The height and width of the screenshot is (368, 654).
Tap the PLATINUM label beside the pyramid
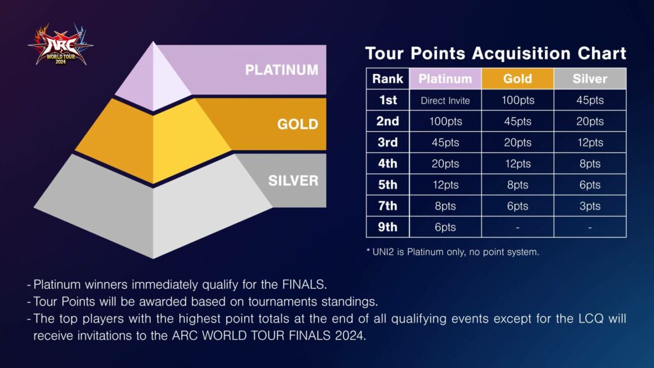[x=282, y=70]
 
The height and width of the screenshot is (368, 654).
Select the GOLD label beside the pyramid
[x=298, y=124]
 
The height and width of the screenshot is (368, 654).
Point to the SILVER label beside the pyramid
[x=293, y=180]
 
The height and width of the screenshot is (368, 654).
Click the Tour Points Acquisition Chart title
[x=495, y=53]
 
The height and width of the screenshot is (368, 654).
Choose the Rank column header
[x=388, y=79]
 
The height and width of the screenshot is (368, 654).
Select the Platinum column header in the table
[x=445, y=79]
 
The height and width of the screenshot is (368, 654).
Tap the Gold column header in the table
[x=517, y=79]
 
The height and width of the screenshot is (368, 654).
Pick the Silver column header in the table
[x=589, y=79]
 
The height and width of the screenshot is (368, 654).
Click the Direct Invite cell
[x=445, y=100]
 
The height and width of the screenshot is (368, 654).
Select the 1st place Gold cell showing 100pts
[x=517, y=100]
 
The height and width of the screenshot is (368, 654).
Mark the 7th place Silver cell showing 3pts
[x=589, y=206]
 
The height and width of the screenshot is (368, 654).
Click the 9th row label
[x=388, y=227]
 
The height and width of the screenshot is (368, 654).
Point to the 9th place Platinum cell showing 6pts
[x=445, y=227]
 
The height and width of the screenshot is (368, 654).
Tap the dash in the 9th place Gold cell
[x=517, y=227]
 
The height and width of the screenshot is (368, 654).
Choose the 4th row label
[x=388, y=164]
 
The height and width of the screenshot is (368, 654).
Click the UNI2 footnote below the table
[x=452, y=252]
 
